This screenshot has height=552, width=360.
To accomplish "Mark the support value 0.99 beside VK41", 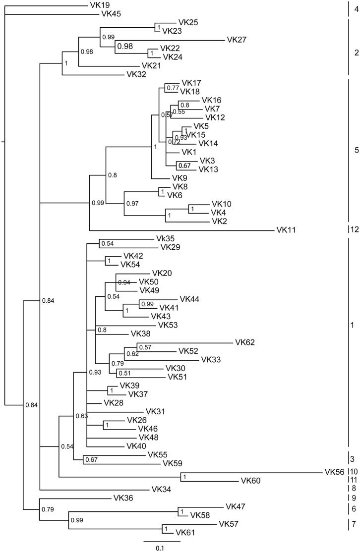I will click(x=147, y=304).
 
